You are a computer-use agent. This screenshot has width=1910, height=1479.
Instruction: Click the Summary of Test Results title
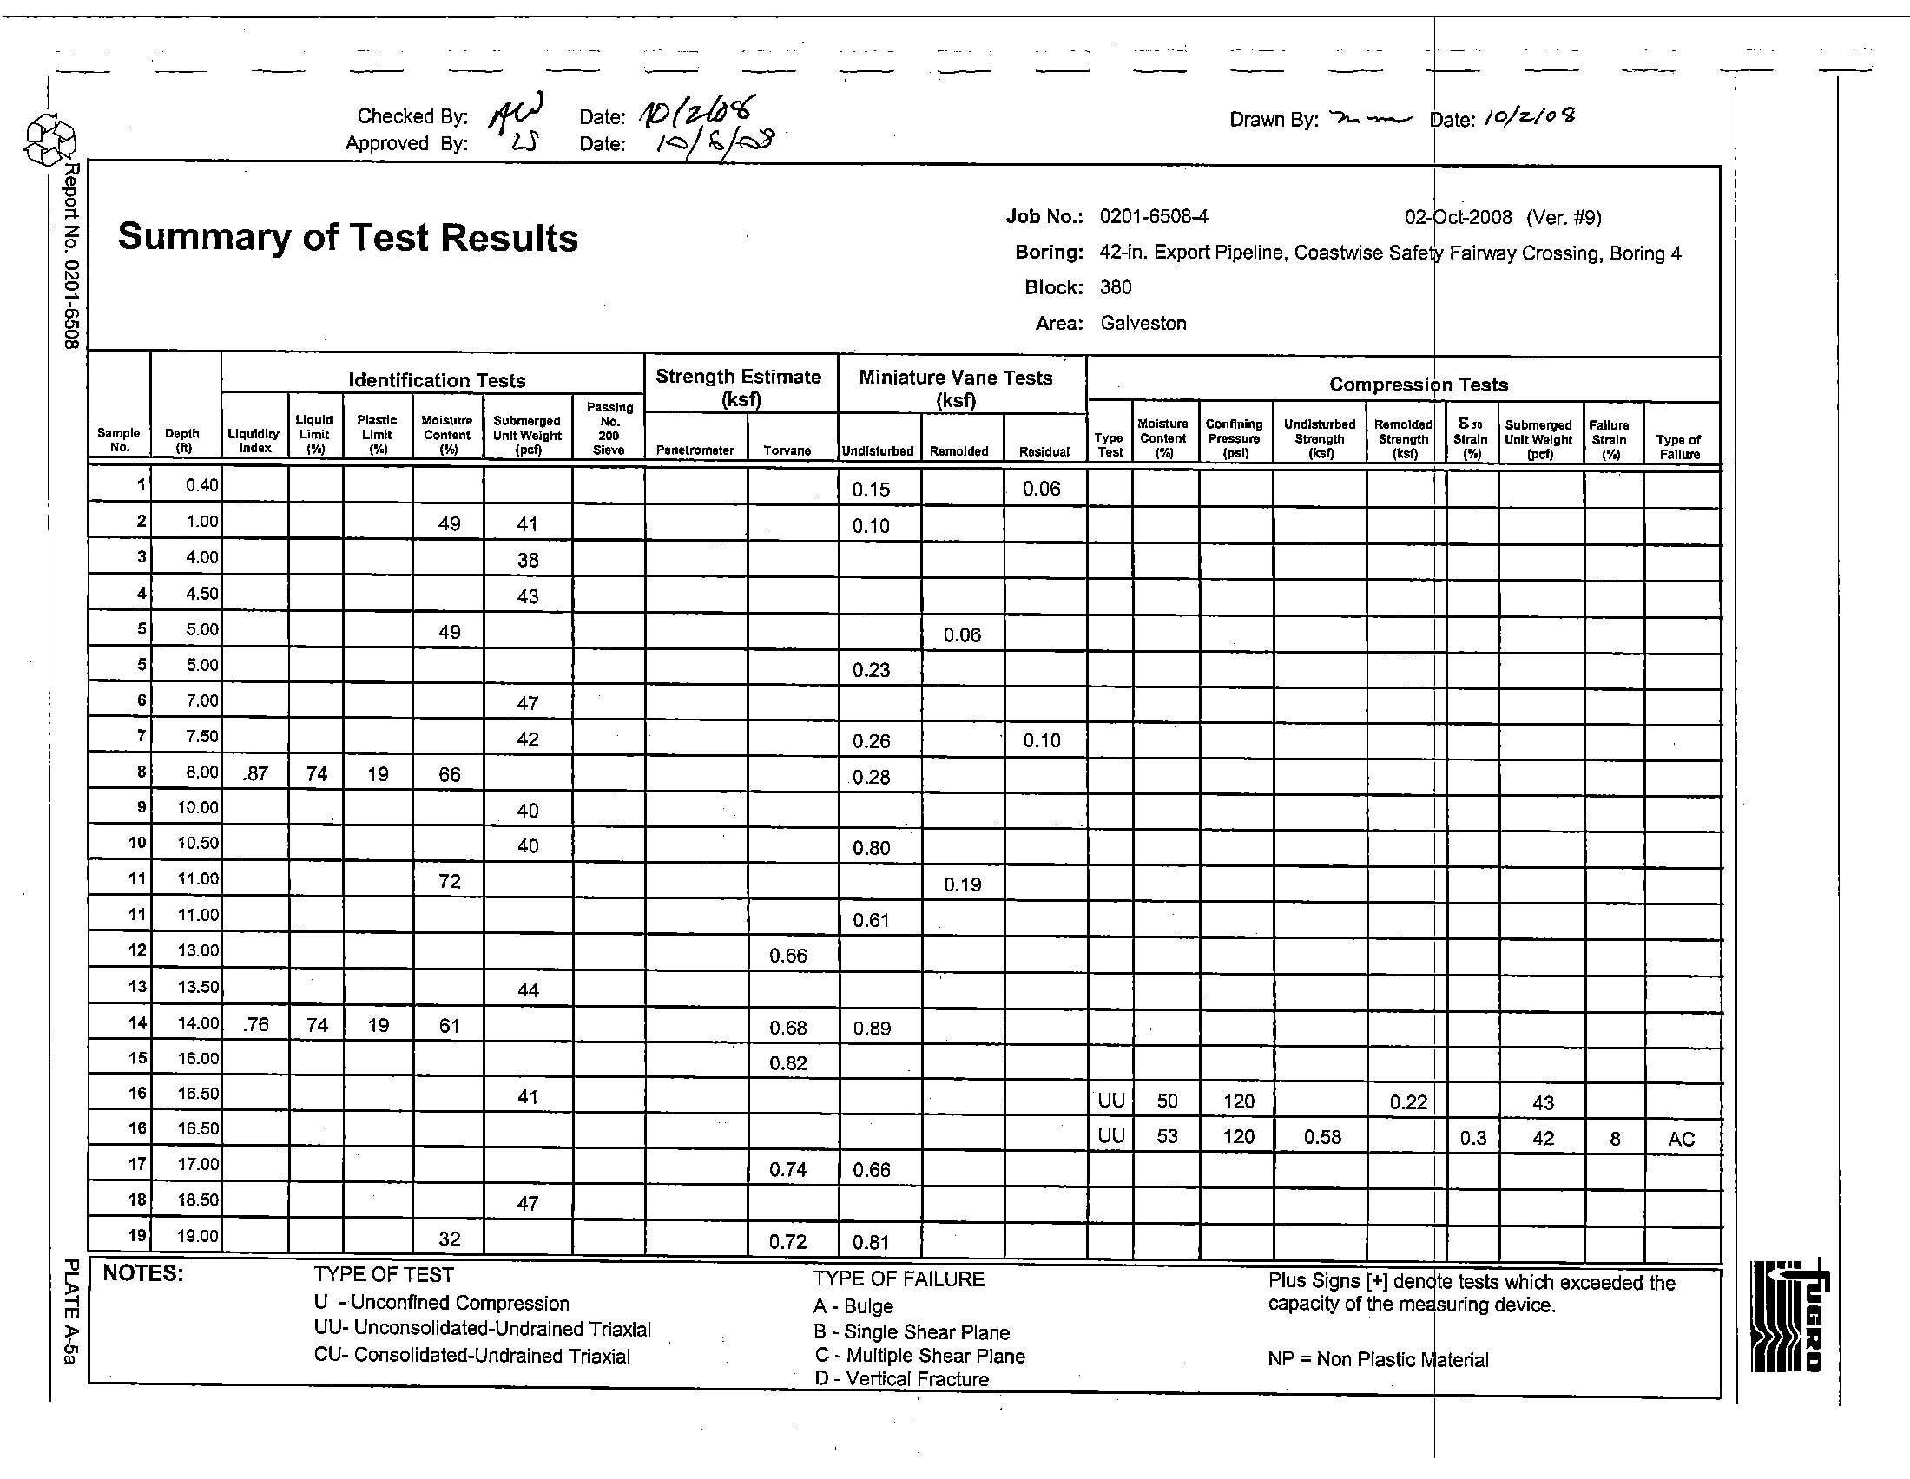348,238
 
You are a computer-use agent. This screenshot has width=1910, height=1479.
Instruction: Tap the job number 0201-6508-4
1155,216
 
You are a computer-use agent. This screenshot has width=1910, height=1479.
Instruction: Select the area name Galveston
1143,324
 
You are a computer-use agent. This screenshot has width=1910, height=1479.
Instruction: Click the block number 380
1116,287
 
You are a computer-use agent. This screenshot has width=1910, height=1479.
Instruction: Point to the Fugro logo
1789,1316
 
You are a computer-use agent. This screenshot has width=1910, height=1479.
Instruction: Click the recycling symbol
49,141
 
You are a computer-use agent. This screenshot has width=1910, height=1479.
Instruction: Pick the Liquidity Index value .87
255,773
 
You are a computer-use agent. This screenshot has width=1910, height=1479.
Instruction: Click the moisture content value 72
449,881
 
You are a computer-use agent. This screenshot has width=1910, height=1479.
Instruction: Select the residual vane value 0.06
1042,489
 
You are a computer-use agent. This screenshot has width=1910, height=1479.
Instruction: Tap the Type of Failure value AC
1681,1139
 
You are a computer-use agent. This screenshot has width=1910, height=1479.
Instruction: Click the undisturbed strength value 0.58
1322,1137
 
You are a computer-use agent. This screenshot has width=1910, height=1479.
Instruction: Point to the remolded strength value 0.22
1408,1102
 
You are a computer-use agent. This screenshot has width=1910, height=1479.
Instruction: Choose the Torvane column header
787,451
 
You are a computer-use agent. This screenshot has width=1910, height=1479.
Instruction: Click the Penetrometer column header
695,451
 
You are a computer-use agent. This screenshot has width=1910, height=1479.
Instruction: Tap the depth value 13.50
198,987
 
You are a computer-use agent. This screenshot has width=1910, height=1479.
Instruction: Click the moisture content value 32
449,1239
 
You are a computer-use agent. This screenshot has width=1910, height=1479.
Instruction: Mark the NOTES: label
143,1273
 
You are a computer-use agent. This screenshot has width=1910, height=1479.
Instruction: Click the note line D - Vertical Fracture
901,1379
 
